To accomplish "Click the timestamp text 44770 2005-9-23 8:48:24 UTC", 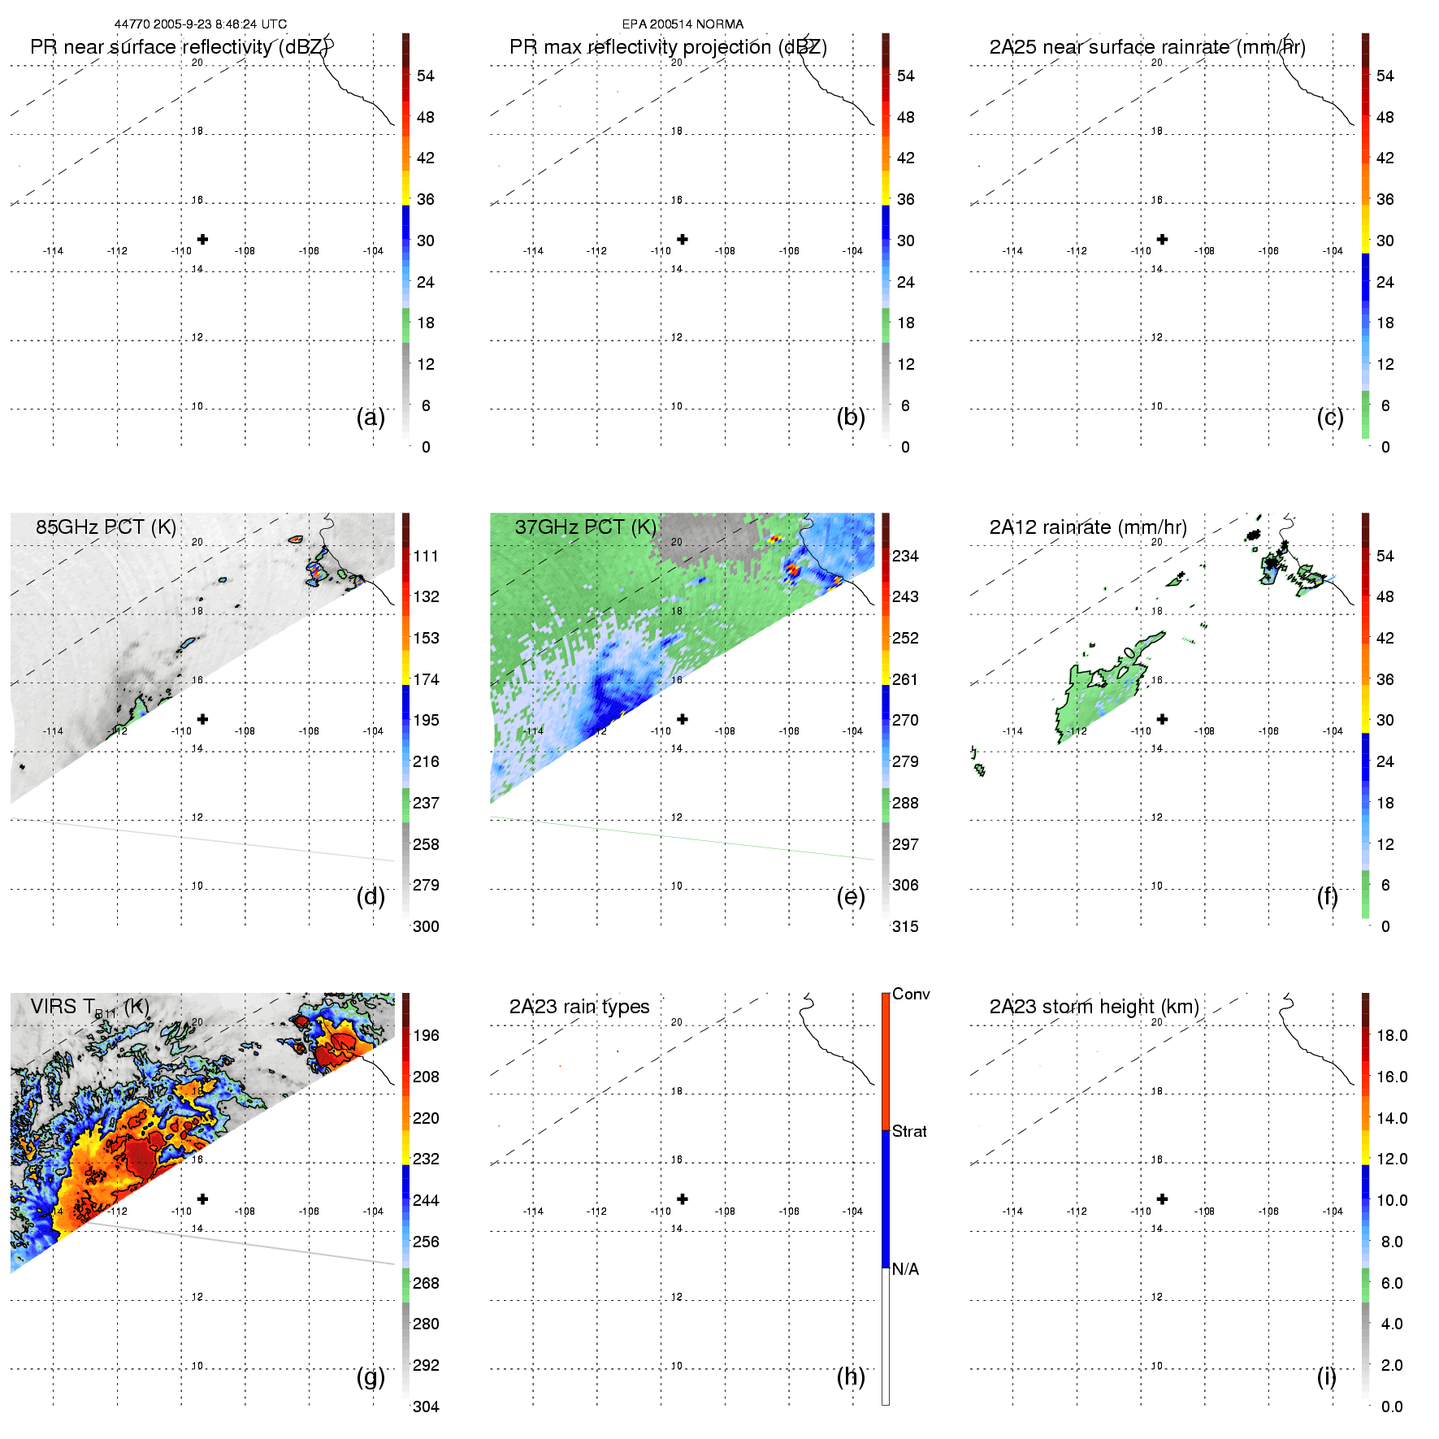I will click(200, 24).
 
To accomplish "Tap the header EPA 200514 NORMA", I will click(683, 24).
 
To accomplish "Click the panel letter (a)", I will click(371, 418).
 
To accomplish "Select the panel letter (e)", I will click(851, 897).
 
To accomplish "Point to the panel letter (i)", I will click(1326, 1376).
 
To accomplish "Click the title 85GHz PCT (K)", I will click(106, 527).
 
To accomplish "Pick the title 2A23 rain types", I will click(579, 1007).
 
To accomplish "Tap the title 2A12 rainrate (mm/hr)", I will click(1088, 527).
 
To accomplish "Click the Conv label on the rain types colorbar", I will click(911, 994).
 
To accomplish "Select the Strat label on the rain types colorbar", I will click(909, 1131).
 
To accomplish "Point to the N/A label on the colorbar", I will click(905, 1269).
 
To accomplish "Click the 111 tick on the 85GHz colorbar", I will click(426, 556).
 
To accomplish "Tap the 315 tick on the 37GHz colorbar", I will click(905, 926).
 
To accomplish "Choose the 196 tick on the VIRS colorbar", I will click(426, 1035).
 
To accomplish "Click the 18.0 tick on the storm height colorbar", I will click(1391, 1035).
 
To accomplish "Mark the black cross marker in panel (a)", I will click(202, 239).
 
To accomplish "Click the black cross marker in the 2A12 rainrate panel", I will click(1163, 719).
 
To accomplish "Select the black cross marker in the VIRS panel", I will click(202, 1198).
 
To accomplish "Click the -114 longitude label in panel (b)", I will click(533, 251).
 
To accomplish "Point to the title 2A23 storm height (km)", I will click(1094, 1007).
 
